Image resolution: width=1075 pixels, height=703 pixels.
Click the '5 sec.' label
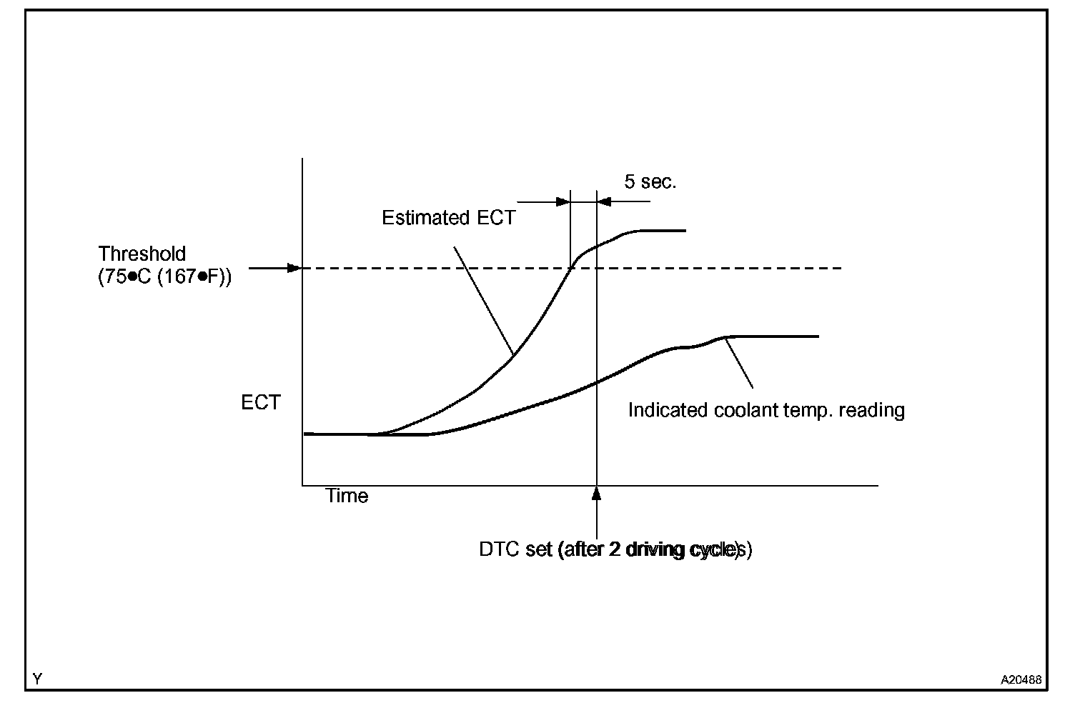pyautogui.click(x=650, y=181)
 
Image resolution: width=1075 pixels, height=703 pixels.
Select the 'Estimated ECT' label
pyautogui.click(x=448, y=218)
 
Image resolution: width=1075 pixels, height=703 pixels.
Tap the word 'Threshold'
pyautogui.click(x=142, y=254)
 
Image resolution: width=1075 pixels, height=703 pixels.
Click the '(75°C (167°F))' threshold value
pyautogui.click(x=164, y=276)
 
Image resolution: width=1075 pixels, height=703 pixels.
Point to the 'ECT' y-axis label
pyautogui.click(x=261, y=403)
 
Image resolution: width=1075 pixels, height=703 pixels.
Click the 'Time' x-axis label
pyautogui.click(x=347, y=496)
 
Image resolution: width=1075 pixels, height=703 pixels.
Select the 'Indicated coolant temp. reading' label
pyautogui.click(x=766, y=410)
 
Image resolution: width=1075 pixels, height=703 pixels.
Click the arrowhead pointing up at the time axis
pyautogui.click(x=596, y=493)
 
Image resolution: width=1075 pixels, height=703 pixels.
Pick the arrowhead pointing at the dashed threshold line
pyautogui.click(x=293, y=268)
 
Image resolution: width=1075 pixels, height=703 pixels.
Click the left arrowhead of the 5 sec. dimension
pyautogui.click(x=563, y=201)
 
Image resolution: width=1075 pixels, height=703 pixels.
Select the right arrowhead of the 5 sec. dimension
pyautogui.click(x=604, y=201)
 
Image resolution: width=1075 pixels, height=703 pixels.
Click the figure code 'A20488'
pyautogui.click(x=1021, y=679)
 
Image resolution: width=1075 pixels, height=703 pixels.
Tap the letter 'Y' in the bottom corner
pyautogui.click(x=37, y=679)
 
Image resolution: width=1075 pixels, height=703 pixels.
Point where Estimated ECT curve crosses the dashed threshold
pyautogui.click(x=570, y=268)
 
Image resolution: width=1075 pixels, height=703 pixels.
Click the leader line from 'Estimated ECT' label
pyautogui.click(x=483, y=300)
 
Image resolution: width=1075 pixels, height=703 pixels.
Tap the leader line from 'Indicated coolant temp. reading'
pyautogui.click(x=739, y=362)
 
